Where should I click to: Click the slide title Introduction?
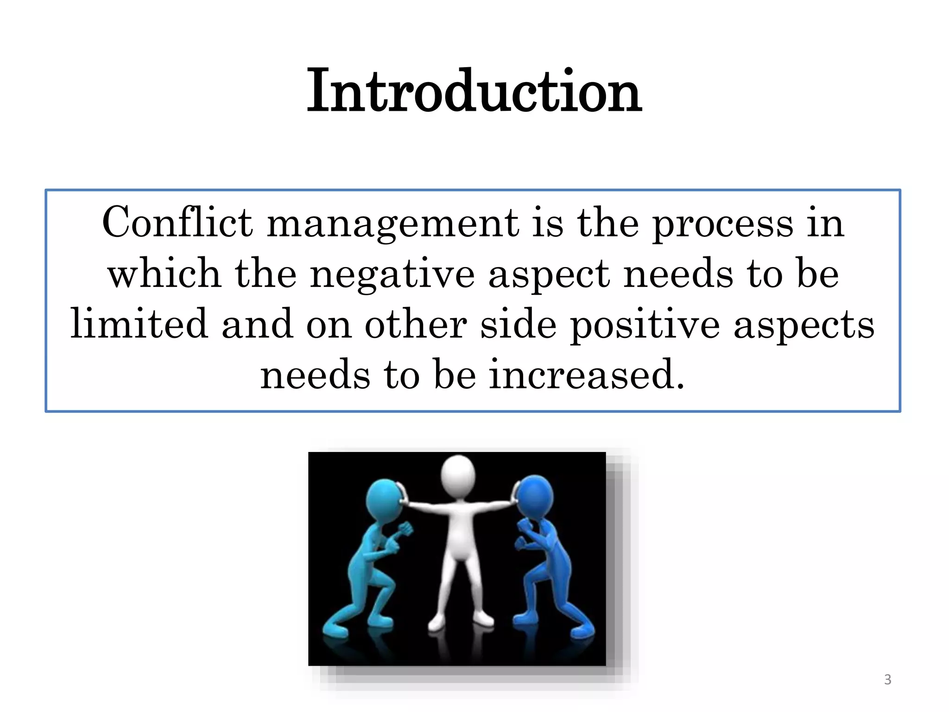[474, 91]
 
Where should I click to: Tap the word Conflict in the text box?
[177, 223]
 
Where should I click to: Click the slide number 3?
[887, 680]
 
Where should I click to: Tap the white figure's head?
[458, 475]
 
